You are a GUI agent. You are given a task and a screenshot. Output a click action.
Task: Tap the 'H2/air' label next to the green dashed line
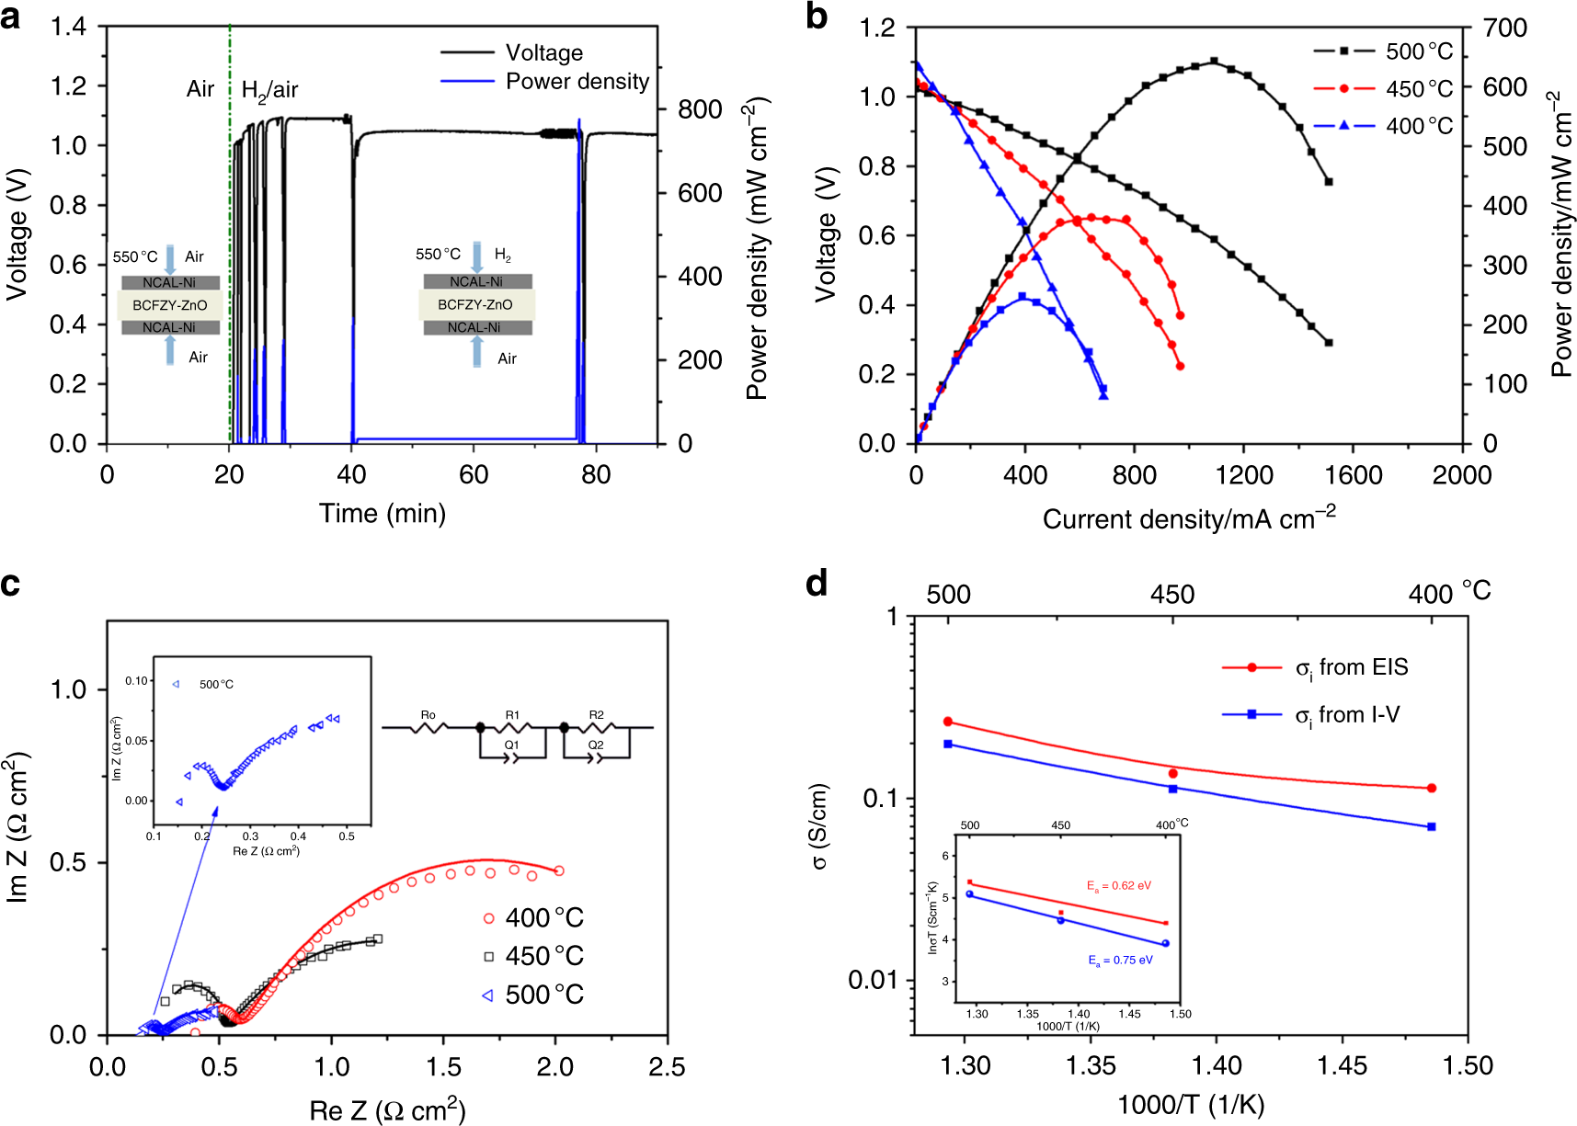click(269, 90)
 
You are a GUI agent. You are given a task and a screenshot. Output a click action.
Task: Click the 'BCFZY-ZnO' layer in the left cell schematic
click(170, 305)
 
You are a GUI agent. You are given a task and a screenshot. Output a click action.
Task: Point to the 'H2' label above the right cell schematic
click(502, 255)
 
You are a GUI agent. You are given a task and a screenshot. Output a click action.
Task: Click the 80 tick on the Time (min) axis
click(596, 475)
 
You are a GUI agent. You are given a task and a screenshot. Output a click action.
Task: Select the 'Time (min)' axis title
click(382, 513)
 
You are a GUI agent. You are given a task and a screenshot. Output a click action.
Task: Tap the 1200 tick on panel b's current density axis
click(1243, 475)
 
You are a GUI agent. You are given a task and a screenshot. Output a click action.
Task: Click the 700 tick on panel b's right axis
click(1505, 28)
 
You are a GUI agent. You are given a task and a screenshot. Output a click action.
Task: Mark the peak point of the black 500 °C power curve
click(1214, 62)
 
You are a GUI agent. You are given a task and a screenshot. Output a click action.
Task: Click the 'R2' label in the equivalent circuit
click(596, 714)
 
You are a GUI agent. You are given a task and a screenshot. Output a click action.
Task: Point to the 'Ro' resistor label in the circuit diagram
click(428, 714)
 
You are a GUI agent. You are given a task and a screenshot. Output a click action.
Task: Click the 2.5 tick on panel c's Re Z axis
click(666, 1067)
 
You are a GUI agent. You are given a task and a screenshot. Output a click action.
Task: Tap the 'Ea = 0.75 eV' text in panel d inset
click(1120, 960)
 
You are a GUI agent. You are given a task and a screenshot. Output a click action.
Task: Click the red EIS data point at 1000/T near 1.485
click(1432, 788)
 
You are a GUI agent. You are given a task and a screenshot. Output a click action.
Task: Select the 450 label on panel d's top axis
click(1171, 595)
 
